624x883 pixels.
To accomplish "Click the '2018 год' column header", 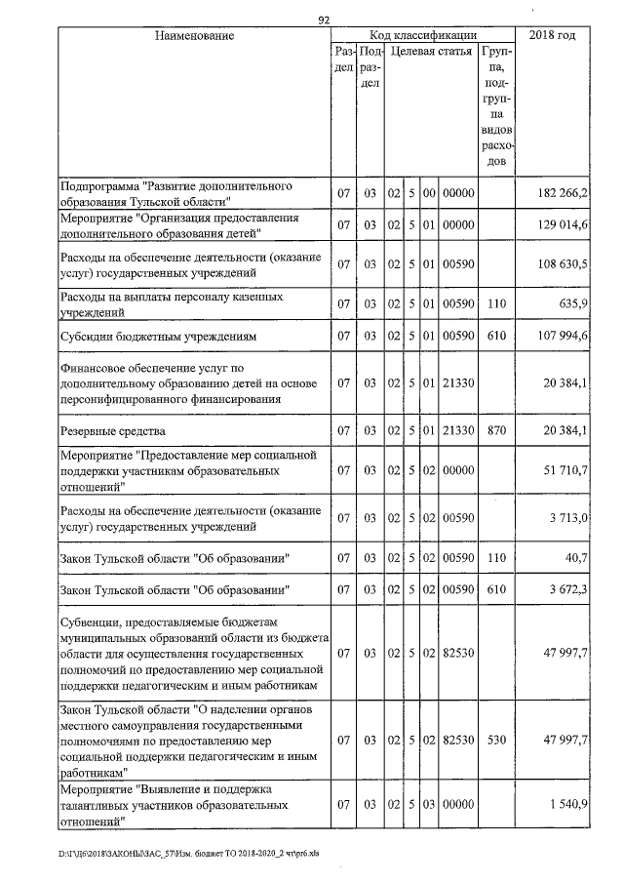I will pyautogui.click(x=551, y=36).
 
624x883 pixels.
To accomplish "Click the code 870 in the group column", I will pyautogui.click(x=496, y=430).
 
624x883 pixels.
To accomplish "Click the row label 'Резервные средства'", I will pyautogui.click(x=113, y=430).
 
